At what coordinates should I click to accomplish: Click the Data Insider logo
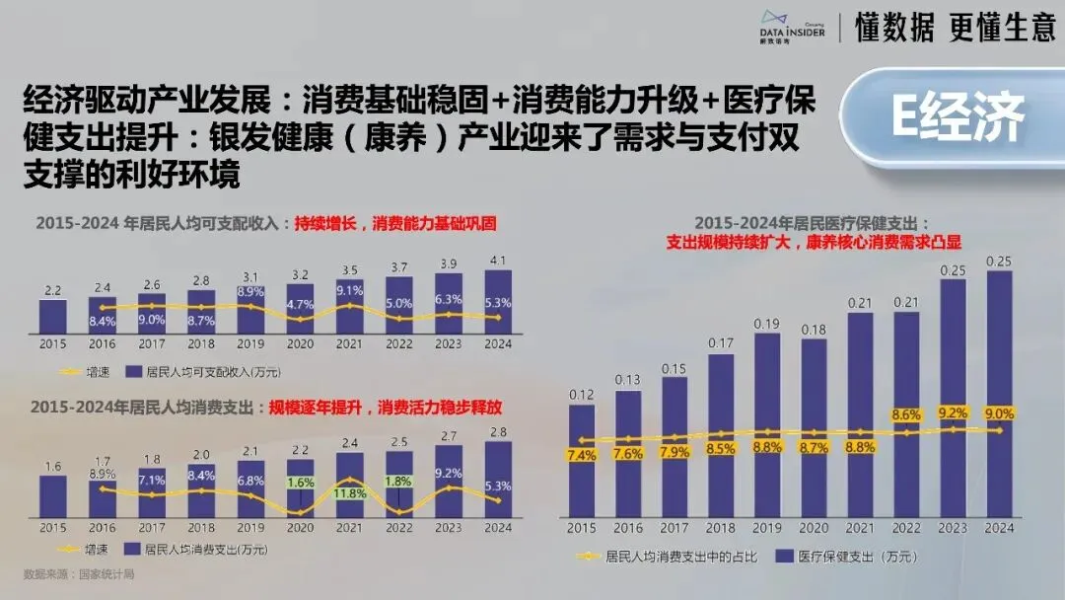(x=792, y=27)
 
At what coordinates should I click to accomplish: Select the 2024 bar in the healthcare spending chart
(x=1000, y=395)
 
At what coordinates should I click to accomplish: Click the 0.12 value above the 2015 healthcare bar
(x=582, y=395)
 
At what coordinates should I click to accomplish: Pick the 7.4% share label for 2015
(x=582, y=455)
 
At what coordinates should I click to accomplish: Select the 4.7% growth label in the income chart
(x=300, y=304)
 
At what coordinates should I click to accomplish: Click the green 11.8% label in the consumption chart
(x=350, y=493)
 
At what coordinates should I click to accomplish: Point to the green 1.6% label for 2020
(x=300, y=483)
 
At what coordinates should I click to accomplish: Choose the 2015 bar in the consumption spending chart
(x=52, y=489)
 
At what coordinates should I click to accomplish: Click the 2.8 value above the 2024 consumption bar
(x=498, y=432)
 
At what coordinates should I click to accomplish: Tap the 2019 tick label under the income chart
(x=250, y=343)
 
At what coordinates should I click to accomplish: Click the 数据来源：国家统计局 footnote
(x=78, y=573)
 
